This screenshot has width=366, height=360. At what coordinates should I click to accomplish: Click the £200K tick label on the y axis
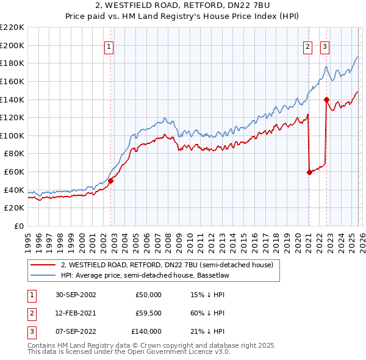coord(12,45)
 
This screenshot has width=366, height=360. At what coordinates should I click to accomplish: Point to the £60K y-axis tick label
coord(14,172)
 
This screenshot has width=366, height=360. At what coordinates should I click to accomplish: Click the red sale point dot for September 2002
coord(111,181)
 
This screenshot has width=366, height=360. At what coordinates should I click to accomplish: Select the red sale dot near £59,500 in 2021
coord(309,172)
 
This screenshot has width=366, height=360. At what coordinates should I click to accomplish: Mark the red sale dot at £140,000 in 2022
coord(326,99)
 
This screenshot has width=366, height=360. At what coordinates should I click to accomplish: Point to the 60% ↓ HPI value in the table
coord(207,313)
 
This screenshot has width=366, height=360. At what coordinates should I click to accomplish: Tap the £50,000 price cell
coord(148,295)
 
